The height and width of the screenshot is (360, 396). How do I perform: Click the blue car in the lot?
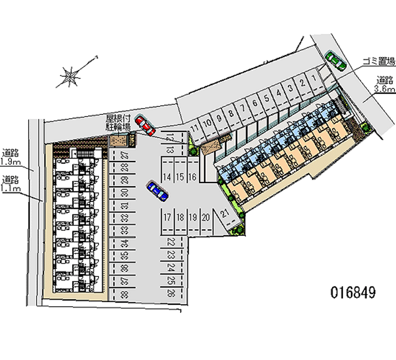pyautogui.click(x=157, y=191)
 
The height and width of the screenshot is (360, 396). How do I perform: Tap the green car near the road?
pyautogui.click(x=335, y=60)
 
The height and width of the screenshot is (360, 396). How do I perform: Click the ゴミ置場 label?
pyautogui.click(x=378, y=62)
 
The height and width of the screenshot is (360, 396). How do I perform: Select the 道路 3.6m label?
pyautogui.click(x=385, y=84)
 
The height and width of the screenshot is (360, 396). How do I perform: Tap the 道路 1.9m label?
pyautogui.click(x=11, y=156)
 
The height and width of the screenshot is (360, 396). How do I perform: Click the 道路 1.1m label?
pyautogui.click(x=11, y=183)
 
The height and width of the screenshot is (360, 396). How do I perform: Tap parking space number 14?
pyautogui.click(x=167, y=177)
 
